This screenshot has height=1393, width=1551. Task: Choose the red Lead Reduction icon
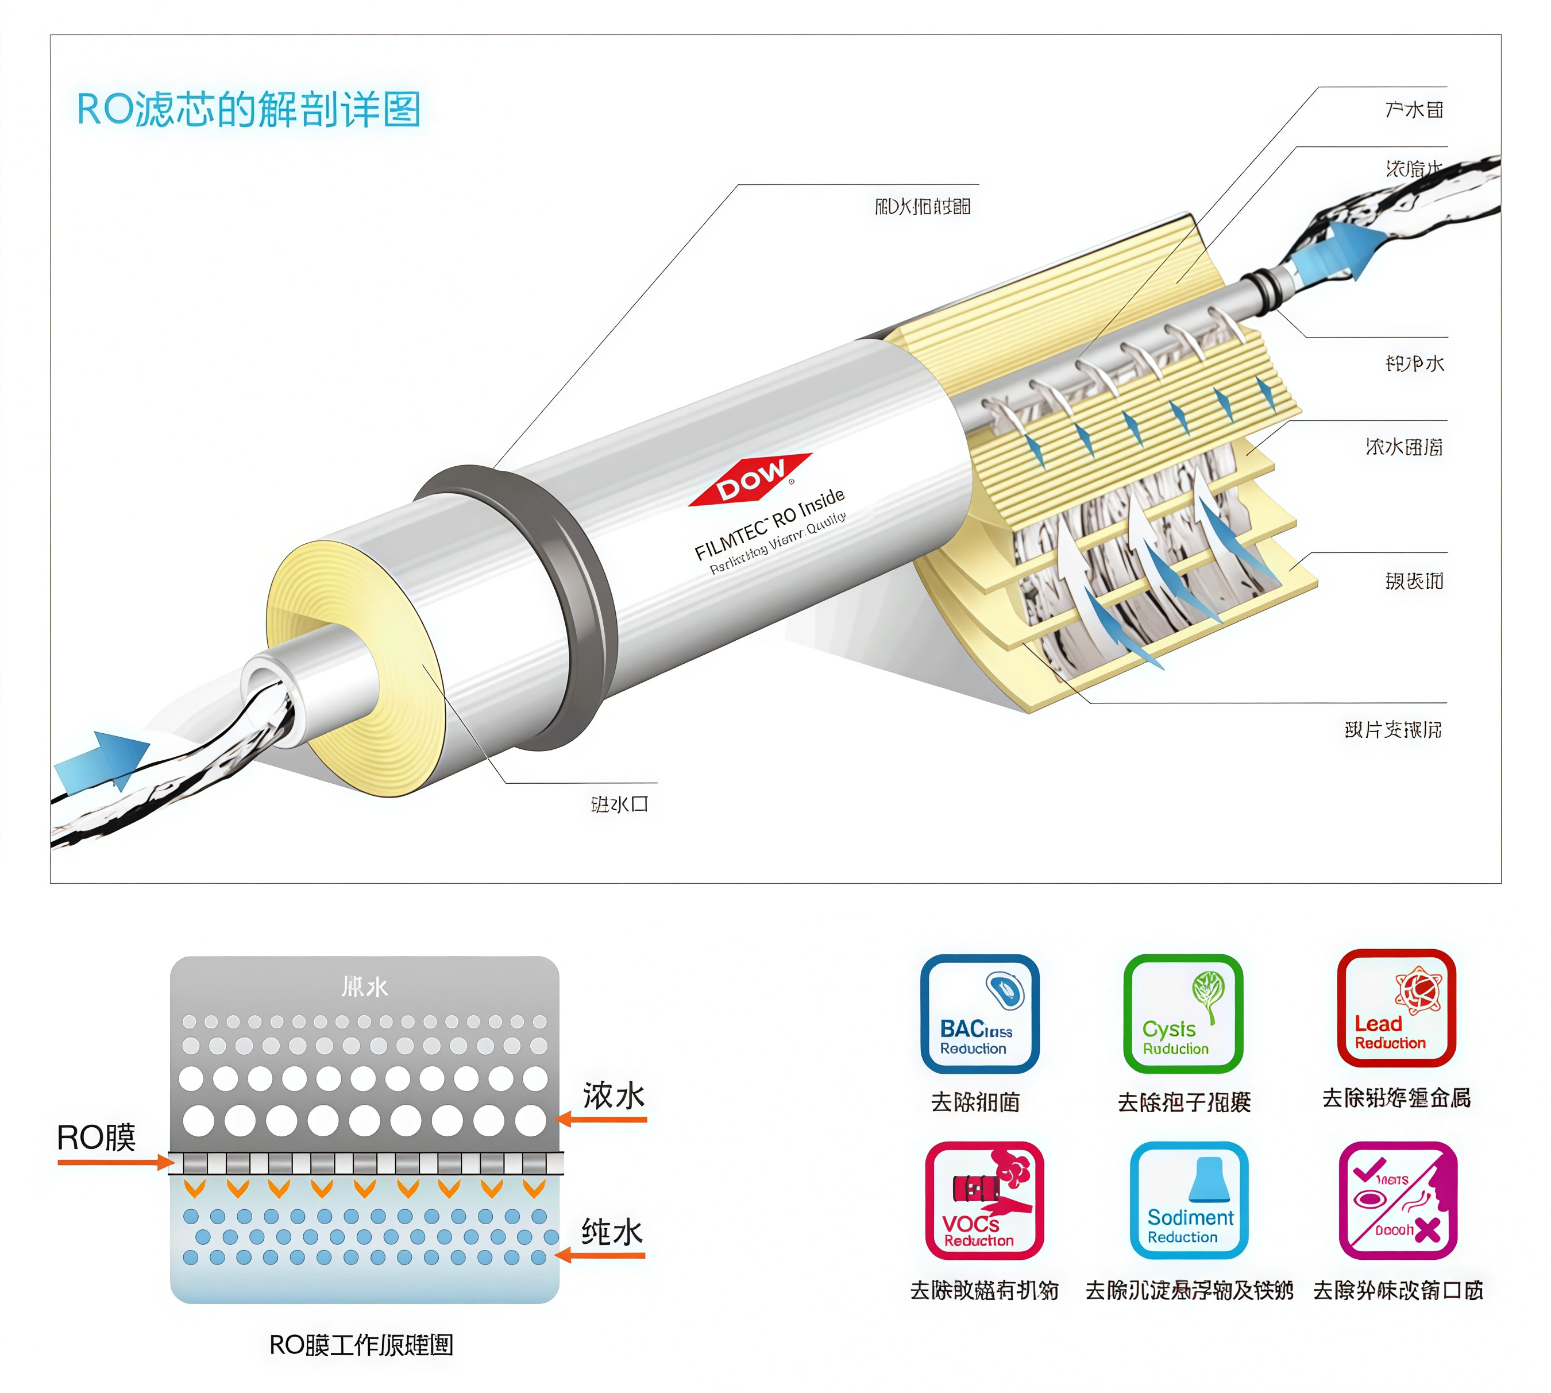pos(1395,1008)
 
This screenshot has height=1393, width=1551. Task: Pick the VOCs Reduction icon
pos(983,1200)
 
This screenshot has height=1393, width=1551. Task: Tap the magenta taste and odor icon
pos(1397,1200)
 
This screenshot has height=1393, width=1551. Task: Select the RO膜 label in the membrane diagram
pos(96,1138)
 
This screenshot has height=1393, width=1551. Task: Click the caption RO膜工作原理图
pos(361,1345)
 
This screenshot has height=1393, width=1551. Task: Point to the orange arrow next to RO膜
pos(115,1163)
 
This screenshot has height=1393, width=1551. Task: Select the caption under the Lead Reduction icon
pos(1396,1098)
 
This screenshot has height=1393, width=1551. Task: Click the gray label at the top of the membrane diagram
pos(364,986)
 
